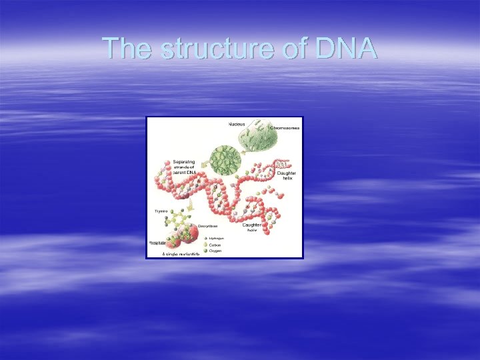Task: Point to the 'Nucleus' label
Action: tap(237, 124)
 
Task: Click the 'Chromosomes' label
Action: tap(285, 127)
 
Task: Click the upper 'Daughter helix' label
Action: tap(286, 176)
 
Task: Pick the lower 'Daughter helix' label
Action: tap(251, 227)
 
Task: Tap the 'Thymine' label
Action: tap(161, 211)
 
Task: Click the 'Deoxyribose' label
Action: tap(208, 226)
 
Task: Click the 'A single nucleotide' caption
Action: tap(181, 255)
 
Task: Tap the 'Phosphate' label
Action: tap(157, 243)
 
